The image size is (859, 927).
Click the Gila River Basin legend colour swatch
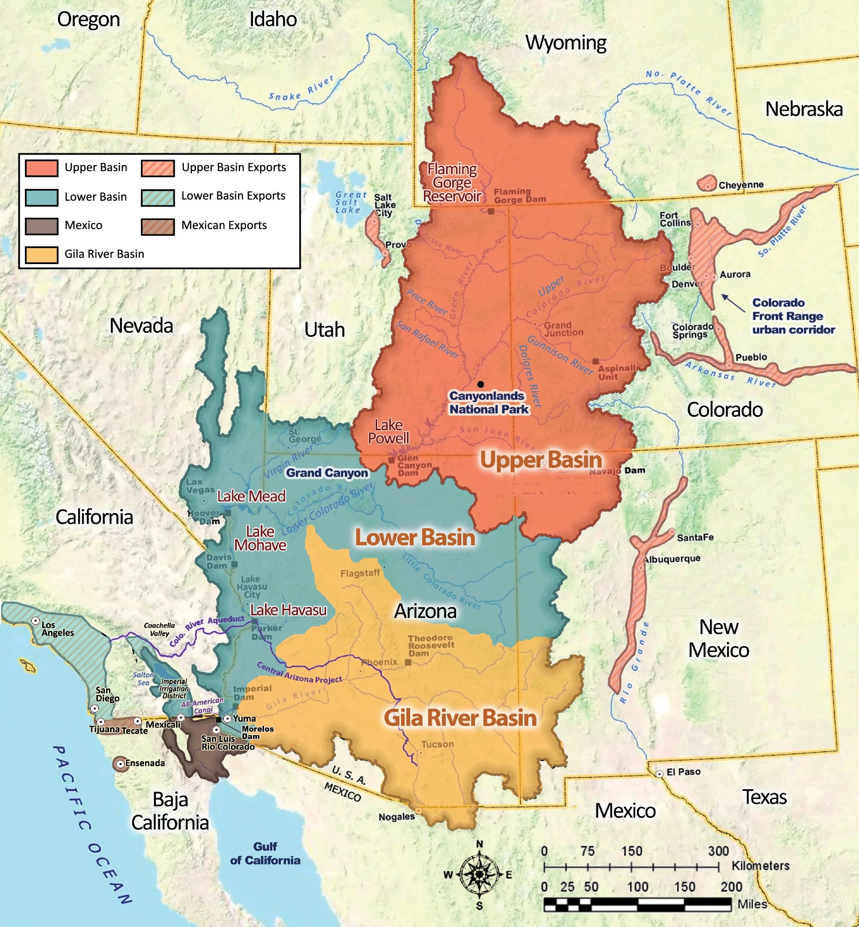click(x=41, y=255)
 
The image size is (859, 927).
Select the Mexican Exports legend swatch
click(x=158, y=226)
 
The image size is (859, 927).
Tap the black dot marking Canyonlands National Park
click(x=480, y=384)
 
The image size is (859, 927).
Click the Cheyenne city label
click(x=740, y=185)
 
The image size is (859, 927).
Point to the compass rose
click(x=479, y=875)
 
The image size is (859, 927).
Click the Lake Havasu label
click(x=288, y=610)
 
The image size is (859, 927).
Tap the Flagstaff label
click(x=360, y=573)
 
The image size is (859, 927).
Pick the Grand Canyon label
click(x=327, y=473)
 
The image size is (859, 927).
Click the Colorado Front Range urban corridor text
click(x=793, y=316)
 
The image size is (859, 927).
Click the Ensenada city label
click(x=145, y=763)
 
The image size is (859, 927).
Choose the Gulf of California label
click(x=265, y=853)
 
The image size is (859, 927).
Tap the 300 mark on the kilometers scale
click(x=718, y=851)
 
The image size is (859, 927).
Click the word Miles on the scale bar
click(x=752, y=904)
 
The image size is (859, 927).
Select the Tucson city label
click(x=437, y=744)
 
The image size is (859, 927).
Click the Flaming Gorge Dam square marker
click(x=491, y=211)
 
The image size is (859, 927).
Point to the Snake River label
click(x=301, y=89)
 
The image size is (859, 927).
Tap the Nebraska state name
click(x=804, y=109)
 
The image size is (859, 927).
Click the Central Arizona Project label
click(x=300, y=673)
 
